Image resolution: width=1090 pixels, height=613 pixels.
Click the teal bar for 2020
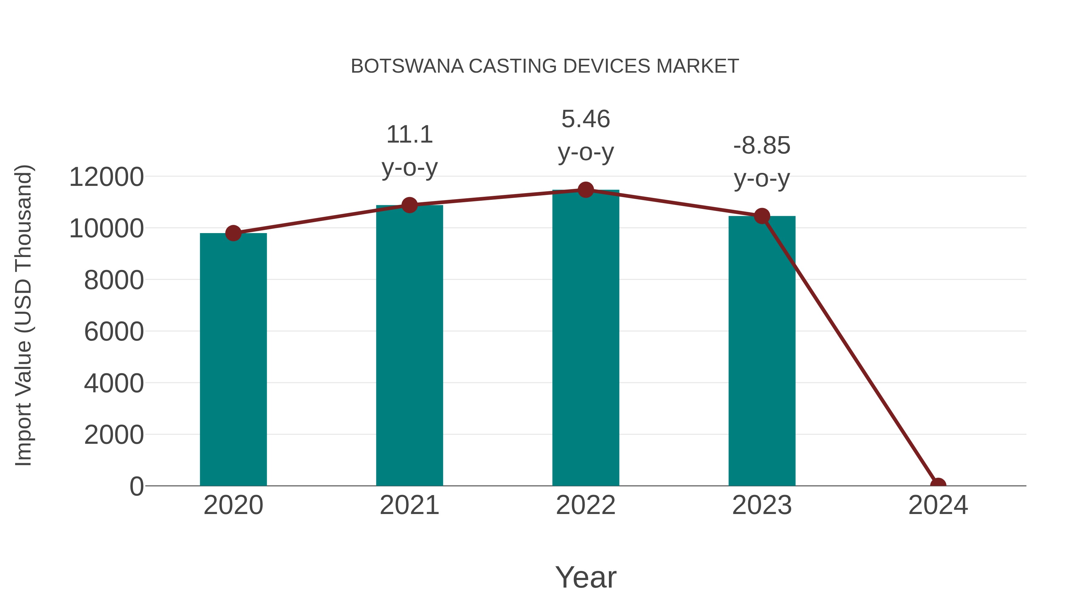coord(233,360)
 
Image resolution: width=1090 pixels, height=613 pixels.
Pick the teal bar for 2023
coord(762,351)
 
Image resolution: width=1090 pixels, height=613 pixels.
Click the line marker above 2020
coord(233,233)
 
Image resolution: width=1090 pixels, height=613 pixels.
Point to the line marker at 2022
coord(586,190)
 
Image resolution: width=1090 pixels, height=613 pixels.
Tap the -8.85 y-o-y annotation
coord(762,162)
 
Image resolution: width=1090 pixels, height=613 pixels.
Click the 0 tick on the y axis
coord(137,486)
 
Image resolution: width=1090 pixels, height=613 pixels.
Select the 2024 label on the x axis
coord(938,505)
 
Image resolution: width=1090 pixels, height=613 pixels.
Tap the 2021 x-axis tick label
coord(409,505)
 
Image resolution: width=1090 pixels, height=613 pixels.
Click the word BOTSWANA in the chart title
coord(407,66)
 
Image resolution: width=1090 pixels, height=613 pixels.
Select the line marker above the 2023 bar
coord(762,216)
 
